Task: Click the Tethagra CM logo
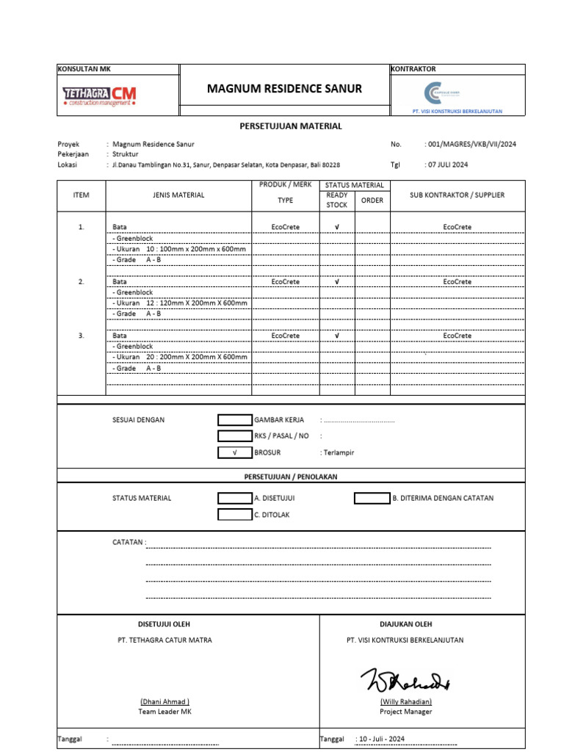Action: (x=99, y=95)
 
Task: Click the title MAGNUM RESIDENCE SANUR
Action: (x=284, y=89)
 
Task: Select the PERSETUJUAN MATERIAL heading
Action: (x=291, y=126)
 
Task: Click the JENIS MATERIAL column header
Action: (x=178, y=195)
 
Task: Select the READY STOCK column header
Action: (x=336, y=200)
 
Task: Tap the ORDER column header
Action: (x=372, y=200)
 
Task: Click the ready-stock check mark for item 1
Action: (x=336, y=228)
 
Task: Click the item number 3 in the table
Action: (x=82, y=336)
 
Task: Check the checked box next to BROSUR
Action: (x=234, y=452)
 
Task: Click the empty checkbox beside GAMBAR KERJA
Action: (x=234, y=420)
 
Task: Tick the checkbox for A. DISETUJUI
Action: (x=234, y=498)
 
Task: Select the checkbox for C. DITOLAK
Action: (x=234, y=515)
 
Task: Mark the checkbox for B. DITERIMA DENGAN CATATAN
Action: (x=372, y=498)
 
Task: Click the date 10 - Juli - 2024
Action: (x=380, y=739)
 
